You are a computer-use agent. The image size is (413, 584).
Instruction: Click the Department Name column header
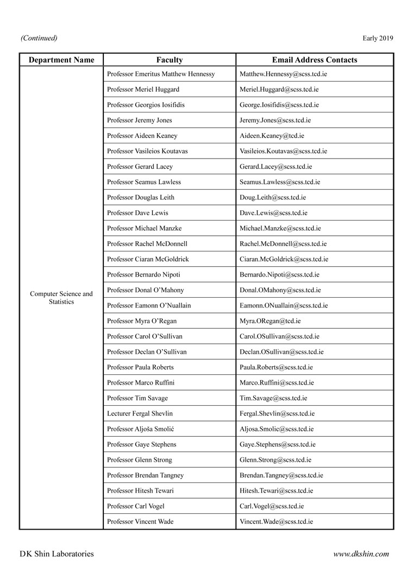61,60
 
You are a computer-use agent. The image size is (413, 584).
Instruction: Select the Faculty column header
170,60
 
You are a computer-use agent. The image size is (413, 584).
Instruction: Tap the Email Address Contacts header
315,60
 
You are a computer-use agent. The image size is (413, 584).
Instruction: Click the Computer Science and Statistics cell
61,298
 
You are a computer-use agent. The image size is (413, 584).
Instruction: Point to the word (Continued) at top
39,38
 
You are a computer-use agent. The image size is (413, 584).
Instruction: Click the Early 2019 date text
378,38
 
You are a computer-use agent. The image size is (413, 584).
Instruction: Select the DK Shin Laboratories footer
57,554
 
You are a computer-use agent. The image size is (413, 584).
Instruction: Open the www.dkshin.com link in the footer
361,554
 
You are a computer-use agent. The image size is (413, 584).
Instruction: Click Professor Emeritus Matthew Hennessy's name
161,74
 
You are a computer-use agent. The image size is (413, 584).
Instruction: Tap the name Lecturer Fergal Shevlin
140,413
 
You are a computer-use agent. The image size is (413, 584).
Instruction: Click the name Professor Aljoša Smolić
141,429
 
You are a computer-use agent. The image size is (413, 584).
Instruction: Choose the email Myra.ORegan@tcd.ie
270,321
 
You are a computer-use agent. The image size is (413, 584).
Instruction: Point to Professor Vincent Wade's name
140,522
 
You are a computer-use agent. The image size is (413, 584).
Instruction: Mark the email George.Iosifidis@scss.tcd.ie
279,105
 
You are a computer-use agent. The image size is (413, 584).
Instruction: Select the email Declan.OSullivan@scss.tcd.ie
281,352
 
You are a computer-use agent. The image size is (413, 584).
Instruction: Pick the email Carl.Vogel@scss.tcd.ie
272,506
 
